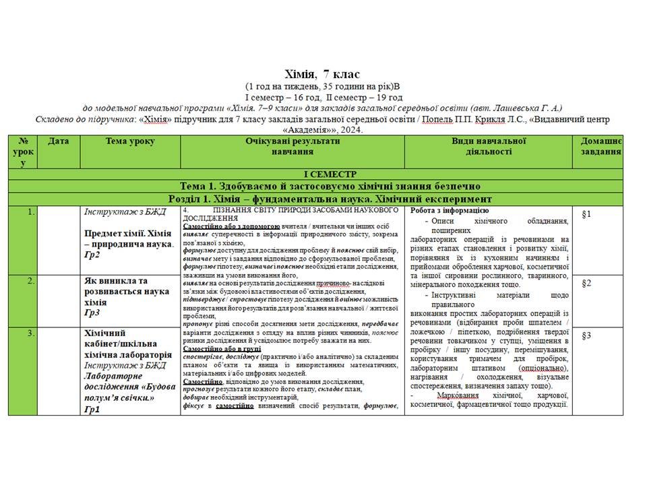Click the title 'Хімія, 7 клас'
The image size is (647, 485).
click(x=323, y=74)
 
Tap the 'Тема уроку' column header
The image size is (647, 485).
click(x=130, y=141)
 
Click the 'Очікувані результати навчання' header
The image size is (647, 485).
click(x=292, y=146)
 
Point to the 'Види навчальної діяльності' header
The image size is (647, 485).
click(x=489, y=146)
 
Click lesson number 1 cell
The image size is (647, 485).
click(x=31, y=212)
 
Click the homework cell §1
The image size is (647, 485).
click(x=586, y=214)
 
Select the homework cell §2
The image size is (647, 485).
click(x=586, y=283)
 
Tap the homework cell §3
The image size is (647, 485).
click(x=586, y=335)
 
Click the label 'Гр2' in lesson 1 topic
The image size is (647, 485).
click(x=92, y=255)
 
